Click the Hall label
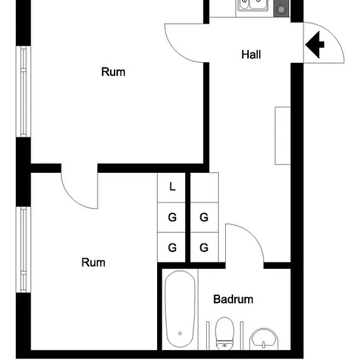click(x=251, y=54)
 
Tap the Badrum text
click(x=233, y=299)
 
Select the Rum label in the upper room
click(x=113, y=72)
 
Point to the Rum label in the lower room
click(x=94, y=262)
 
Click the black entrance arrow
click(x=315, y=45)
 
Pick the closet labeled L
click(x=171, y=187)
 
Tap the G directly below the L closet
click(x=172, y=217)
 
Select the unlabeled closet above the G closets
click(x=204, y=187)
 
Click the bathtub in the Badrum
click(x=180, y=309)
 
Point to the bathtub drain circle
click(x=180, y=333)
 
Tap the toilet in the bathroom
click(x=225, y=333)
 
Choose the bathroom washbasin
click(x=264, y=339)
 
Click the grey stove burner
click(x=281, y=9)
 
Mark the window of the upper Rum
click(x=24, y=92)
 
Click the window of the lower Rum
click(x=24, y=249)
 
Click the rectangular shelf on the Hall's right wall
click(x=283, y=135)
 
